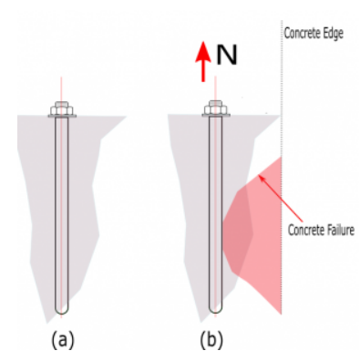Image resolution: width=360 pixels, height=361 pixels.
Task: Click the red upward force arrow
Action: [202, 62]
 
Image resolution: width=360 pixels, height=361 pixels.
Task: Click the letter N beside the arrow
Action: [226, 56]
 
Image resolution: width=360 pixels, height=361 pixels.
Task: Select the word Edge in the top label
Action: [334, 33]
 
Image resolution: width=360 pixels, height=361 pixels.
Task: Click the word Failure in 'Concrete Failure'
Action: [340, 230]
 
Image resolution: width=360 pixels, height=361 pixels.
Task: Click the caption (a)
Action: [62, 339]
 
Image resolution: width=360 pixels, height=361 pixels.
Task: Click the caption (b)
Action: [211, 339]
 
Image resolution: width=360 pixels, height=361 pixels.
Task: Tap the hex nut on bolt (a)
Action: [62, 109]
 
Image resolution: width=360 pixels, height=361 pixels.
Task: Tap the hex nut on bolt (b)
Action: [216, 109]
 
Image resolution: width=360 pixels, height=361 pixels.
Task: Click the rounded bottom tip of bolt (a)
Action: [62, 313]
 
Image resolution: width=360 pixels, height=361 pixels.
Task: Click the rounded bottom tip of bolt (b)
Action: [216, 313]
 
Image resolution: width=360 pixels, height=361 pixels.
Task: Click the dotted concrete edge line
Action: [282, 167]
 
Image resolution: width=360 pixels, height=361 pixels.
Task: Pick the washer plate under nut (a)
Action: [62, 116]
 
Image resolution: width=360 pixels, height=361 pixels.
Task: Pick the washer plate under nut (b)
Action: [216, 116]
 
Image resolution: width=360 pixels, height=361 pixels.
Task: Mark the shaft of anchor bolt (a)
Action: [62, 212]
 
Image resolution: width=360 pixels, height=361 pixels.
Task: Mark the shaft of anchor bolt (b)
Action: [216, 212]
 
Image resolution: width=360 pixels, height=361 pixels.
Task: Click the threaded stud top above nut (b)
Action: [216, 103]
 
